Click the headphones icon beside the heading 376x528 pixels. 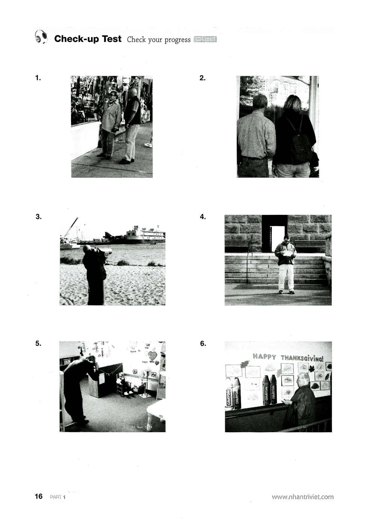[x=41, y=37]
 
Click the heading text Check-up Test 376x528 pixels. [x=88, y=39]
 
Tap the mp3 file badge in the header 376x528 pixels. [x=205, y=39]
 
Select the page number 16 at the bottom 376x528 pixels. [x=39, y=496]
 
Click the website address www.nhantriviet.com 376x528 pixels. [x=302, y=497]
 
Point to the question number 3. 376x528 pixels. [x=38, y=217]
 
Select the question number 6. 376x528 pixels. [x=203, y=344]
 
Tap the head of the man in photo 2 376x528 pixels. [x=260, y=102]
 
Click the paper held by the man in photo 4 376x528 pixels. [x=288, y=253]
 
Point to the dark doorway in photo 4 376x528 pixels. [x=274, y=233]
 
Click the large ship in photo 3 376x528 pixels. [x=145, y=234]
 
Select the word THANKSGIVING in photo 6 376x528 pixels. [x=302, y=357]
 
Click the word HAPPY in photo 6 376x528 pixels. [x=264, y=357]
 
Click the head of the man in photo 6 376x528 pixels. [x=303, y=380]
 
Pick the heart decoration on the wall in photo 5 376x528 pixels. [x=152, y=355]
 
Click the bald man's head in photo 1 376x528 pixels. [x=132, y=92]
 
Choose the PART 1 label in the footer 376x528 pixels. [x=58, y=497]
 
